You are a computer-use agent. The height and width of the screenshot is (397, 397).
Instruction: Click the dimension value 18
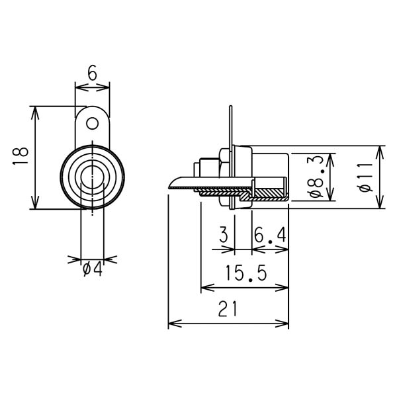[x=21, y=155]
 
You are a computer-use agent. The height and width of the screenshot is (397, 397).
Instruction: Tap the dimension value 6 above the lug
[x=93, y=73]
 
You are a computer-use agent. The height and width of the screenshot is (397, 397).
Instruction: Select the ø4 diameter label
[x=93, y=269]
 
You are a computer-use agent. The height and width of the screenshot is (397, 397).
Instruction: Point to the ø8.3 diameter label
[x=316, y=177]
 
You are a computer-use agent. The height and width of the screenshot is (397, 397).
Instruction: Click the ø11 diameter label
[x=366, y=177]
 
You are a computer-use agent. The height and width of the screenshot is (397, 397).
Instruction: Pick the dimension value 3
[x=224, y=235]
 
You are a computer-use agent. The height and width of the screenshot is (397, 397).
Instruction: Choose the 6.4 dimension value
[x=270, y=235]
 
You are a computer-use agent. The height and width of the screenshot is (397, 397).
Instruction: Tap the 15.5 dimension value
[x=246, y=273]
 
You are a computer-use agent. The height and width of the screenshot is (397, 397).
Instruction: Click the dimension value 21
[x=228, y=309]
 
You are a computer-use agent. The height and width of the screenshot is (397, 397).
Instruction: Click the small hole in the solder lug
[x=93, y=124]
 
